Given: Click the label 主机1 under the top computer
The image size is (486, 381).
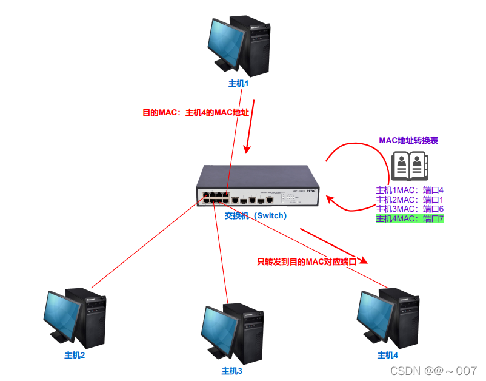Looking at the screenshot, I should pos(239,83).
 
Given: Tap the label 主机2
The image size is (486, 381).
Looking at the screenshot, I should pos(75,355).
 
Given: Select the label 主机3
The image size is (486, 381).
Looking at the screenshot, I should pos(231,371).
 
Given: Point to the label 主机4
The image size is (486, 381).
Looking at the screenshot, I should pos(388,355).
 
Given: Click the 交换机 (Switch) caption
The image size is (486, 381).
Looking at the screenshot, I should pos(255,215).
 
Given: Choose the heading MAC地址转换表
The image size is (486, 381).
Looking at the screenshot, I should pos(408,140).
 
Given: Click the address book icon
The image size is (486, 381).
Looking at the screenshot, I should pos(409,167).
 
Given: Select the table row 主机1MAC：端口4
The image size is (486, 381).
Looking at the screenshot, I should pos(410,190).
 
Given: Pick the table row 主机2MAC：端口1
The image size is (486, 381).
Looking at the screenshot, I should pos(410,200).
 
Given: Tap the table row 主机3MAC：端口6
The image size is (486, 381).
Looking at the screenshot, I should pos(410,209).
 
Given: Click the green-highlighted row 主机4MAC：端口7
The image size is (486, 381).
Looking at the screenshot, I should pos(410,218).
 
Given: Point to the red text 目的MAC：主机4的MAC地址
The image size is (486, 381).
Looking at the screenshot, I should pos(196,113).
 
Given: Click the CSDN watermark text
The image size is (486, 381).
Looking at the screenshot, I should pos(433,370).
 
